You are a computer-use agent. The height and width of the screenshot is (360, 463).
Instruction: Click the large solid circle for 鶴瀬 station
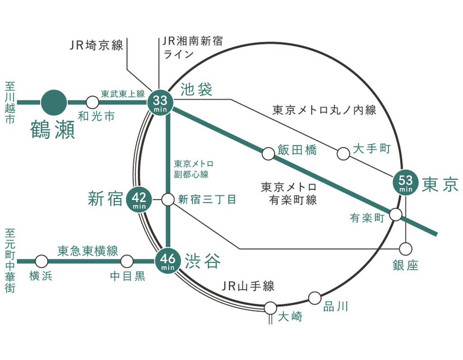click(54, 103)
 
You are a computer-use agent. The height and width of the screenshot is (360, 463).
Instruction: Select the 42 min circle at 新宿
click(139, 198)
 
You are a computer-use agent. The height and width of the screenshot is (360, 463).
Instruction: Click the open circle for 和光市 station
click(92, 103)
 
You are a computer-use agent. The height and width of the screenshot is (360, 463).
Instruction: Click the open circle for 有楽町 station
click(396, 214)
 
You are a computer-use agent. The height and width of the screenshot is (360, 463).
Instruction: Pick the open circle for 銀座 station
click(406, 249)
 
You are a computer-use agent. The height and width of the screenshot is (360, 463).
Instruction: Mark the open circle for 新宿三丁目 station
click(168, 199)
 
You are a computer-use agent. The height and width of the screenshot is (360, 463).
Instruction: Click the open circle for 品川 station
click(315, 297)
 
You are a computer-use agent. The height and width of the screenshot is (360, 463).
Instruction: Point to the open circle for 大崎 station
click(270, 308)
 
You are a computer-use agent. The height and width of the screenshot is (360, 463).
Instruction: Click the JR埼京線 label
click(96, 45)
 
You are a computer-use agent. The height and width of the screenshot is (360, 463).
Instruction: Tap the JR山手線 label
click(248, 287)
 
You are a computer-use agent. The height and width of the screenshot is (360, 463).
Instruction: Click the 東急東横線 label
click(88, 251)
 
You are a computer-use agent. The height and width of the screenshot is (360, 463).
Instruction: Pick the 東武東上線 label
click(123, 94)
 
